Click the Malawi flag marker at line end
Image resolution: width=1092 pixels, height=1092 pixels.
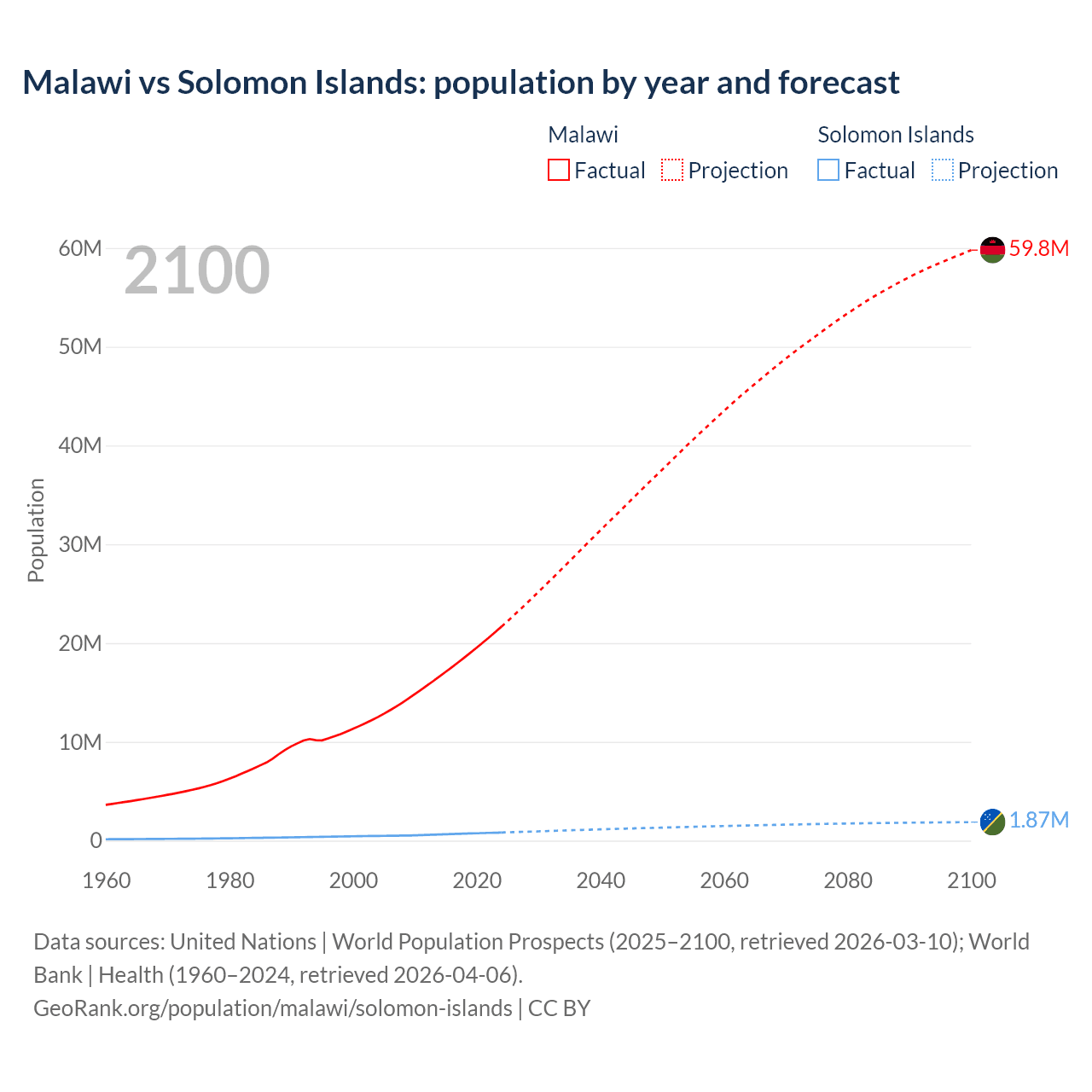992,250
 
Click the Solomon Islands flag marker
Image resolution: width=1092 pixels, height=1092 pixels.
992,822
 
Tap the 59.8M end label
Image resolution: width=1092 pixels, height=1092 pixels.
1038,248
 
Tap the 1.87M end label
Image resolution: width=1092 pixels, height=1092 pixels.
1038,820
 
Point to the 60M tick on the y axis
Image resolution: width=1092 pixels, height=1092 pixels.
80,248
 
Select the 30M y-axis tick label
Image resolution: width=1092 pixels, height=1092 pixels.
80,544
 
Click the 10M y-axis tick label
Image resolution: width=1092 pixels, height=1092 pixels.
80,742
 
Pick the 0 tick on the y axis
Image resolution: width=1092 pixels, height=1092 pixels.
96,840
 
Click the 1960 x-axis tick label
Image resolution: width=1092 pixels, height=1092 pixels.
107,880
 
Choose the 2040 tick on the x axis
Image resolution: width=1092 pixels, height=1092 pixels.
601,880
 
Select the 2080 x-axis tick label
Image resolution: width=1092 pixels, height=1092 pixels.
848,880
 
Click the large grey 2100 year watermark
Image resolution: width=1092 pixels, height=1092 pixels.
197,270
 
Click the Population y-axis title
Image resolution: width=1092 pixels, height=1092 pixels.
36,530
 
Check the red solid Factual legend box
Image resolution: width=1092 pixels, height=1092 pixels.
559,170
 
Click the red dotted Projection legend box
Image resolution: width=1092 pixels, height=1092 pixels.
672,170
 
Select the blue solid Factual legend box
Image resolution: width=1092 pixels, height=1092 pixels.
828,170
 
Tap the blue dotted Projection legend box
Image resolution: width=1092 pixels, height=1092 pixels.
942,170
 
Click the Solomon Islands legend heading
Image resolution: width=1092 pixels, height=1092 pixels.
896,135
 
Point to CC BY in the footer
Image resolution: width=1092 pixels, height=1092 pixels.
559,1008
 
